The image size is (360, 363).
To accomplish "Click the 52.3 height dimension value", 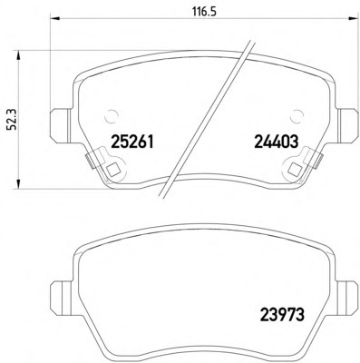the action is [x=13, y=120].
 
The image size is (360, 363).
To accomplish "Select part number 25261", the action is [x=132, y=142].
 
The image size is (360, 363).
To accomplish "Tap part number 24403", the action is [x=277, y=142].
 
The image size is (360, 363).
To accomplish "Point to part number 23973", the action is [x=282, y=315].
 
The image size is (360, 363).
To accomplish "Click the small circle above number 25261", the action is [x=111, y=115].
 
